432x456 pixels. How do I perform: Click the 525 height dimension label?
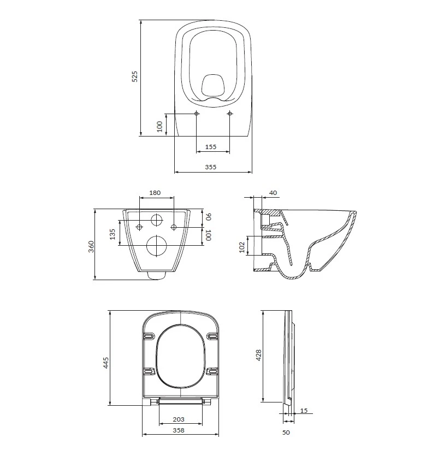(x=135, y=76)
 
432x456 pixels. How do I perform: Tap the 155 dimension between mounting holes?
(x=211, y=147)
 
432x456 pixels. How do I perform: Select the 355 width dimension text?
(x=211, y=167)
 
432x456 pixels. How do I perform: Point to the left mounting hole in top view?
(x=197, y=113)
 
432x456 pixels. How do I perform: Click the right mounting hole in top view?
(x=229, y=113)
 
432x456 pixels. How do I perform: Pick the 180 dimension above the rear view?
(x=155, y=193)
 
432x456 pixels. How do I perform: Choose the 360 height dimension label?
(x=91, y=246)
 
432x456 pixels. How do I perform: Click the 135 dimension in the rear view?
(x=113, y=234)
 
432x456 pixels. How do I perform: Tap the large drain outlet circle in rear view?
(x=156, y=245)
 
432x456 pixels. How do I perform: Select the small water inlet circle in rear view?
(x=157, y=220)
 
